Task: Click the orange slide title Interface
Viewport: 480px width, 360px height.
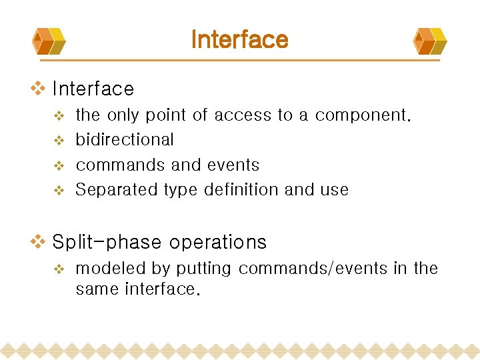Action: pos(239,39)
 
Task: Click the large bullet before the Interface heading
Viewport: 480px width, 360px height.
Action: pos(39,88)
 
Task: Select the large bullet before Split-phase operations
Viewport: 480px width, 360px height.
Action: pos(39,241)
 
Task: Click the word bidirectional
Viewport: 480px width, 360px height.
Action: pos(125,140)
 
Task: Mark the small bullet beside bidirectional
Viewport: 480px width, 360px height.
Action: pos(58,141)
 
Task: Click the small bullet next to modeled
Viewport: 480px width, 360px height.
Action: pos(58,269)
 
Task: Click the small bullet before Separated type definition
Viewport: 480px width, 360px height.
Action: pos(58,191)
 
